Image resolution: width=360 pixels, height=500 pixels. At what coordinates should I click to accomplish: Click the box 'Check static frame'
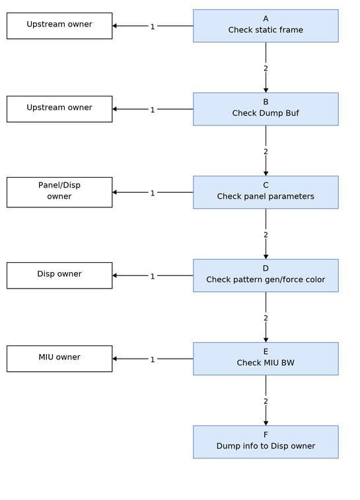[x=266, y=26]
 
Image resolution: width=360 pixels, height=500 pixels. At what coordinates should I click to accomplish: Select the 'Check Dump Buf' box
[x=266, y=109]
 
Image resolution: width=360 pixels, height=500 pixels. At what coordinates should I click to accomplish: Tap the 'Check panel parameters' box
[x=266, y=192]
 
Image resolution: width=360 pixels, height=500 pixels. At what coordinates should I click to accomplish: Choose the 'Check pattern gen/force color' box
[x=266, y=275]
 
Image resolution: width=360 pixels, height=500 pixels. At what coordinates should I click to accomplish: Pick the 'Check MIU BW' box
[x=266, y=359]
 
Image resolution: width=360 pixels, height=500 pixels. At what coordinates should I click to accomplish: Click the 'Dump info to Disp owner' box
[x=266, y=442]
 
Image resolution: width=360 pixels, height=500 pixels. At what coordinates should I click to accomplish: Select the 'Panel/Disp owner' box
[x=59, y=192]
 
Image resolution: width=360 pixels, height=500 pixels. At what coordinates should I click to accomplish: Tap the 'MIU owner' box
[x=59, y=359]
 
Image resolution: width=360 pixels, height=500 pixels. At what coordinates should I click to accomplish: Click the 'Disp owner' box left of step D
[x=59, y=275]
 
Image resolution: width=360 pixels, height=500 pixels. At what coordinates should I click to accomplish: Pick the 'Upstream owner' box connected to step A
[x=59, y=26]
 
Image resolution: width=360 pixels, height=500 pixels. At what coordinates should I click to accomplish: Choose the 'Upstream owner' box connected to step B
[x=59, y=109]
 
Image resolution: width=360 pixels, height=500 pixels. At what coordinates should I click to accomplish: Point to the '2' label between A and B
[x=266, y=68]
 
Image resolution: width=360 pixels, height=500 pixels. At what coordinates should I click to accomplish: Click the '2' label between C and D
[x=266, y=234]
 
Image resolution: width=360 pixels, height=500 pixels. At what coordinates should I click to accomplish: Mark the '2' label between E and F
[x=266, y=401]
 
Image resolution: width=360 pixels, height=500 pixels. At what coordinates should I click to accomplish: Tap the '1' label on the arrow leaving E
[x=153, y=359]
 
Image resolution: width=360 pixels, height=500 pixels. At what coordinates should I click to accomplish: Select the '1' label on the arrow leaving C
[x=153, y=193]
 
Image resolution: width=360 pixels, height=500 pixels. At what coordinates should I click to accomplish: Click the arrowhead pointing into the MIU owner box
[x=114, y=359]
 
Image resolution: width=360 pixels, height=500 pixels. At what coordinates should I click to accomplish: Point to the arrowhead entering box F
[x=266, y=423]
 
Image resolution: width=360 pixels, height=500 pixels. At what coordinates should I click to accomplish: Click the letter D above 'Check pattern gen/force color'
[x=266, y=268]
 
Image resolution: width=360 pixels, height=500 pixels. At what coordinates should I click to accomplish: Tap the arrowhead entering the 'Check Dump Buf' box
[x=266, y=90]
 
